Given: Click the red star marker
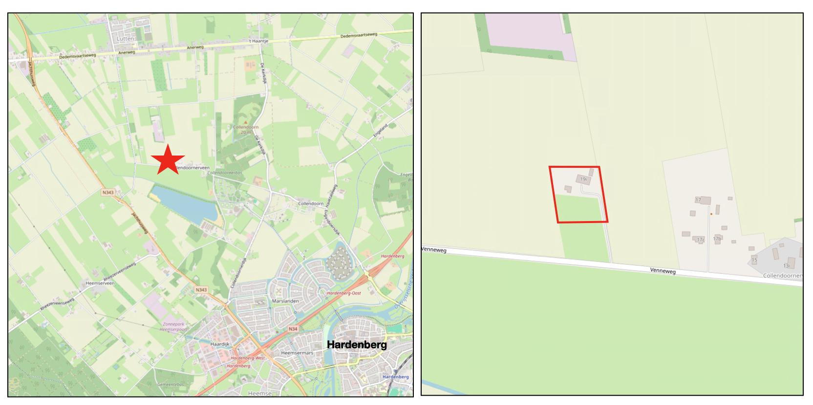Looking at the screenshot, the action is click(x=168, y=159).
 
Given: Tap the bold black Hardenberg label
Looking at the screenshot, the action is click(x=357, y=344).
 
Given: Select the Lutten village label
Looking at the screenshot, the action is click(x=125, y=39).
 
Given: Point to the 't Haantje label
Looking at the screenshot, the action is click(x=259, y=41).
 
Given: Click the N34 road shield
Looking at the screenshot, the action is click(x=293, y=329).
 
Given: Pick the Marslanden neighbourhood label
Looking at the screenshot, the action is click(x=285, y=301).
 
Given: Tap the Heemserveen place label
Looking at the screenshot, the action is click(x=100, y=283).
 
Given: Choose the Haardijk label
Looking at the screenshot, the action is click(x=220, y=344).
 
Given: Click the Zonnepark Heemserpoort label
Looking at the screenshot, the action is click(x=173, y=327).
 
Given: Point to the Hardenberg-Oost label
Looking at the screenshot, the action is click(x=344, y=293).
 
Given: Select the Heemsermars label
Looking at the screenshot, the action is click(x=297, y=353).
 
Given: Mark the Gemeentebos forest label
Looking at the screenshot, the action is click(x=171, y=384).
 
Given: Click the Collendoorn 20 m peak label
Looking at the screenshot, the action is click(x=246, y=129).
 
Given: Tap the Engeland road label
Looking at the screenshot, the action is click(x=380, y=130).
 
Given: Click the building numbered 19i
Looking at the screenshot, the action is click(x=583, y=180).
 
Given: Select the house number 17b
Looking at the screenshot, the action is click(x=717, y=239).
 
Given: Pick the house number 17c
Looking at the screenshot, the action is click(x=700, y=240).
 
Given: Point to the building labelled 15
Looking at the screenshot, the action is click(x=754, y=260).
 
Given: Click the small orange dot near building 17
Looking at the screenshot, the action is click(x=711, y=214).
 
